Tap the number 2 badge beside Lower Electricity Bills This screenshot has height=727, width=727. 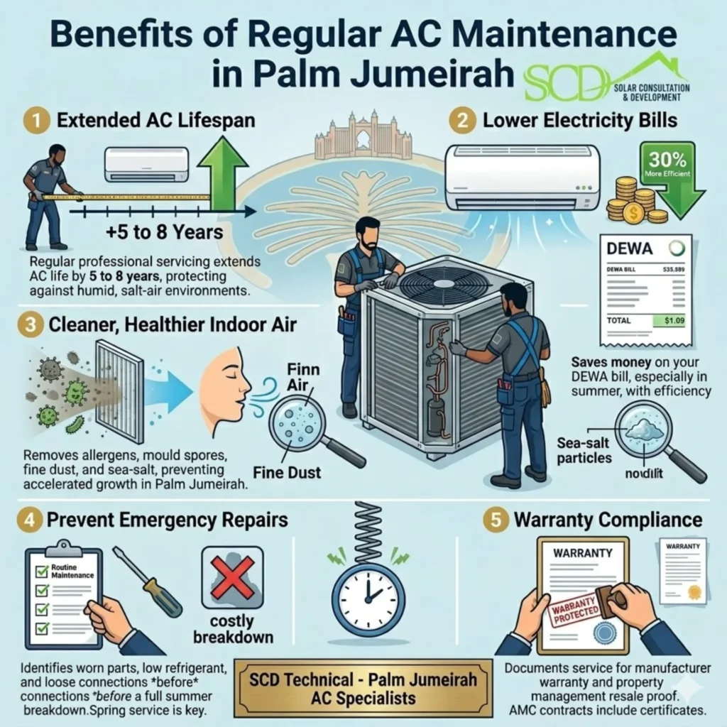pos(461,120)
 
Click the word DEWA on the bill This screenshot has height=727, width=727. pos(633,249)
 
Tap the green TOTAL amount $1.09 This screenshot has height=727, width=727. pos(672,321)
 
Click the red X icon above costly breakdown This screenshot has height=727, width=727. pos(232,577)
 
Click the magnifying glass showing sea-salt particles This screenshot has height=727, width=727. pos(643,430)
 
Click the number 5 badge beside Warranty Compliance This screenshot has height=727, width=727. pos(494,519)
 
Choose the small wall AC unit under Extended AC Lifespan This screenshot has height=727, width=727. pos(147,164)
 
